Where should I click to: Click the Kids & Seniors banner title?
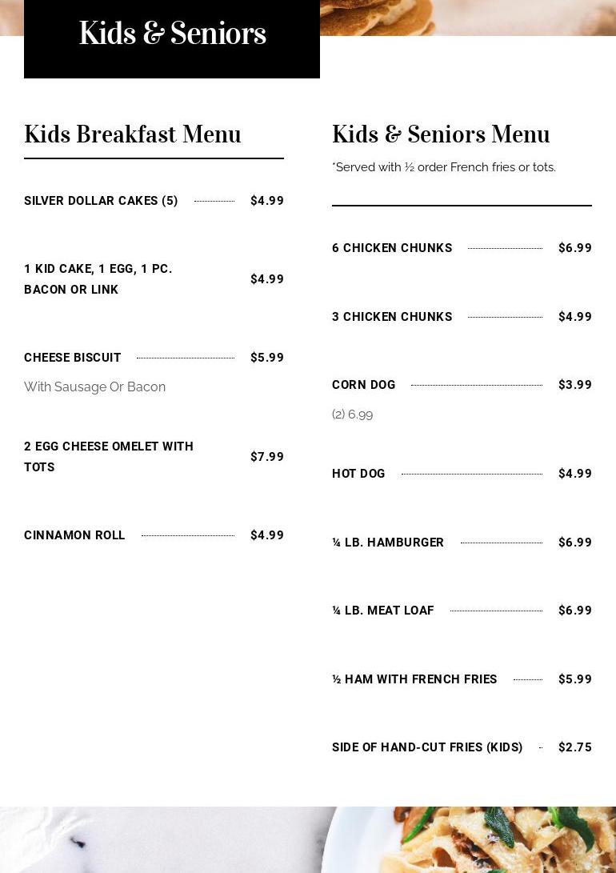click(172, 34)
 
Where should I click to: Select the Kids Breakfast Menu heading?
click(133, 134)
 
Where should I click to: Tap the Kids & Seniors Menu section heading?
click(441, 134)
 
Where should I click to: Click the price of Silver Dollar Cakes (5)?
click(267, 201)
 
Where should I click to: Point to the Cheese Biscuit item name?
click(73, 358)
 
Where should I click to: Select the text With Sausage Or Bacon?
click(94, 387)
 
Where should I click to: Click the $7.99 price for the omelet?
click(267, 457)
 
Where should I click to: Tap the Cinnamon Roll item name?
click(74, 535)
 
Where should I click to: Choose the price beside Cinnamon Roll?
click(267, 535)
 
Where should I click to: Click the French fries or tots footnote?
click(444, 167)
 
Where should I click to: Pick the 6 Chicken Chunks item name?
click(392, 248)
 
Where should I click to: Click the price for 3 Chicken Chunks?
click(575, 317)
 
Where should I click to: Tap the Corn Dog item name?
click(364, 385)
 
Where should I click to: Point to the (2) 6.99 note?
click(353, 414)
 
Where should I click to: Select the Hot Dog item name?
click(358, 474)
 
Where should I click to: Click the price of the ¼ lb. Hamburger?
click(575, 543)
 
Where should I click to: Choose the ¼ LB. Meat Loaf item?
click(383, 611)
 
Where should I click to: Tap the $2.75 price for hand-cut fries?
click(575, 747)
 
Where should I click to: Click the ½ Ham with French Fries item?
click(414, 679)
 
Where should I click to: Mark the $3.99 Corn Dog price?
click(575, 385)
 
